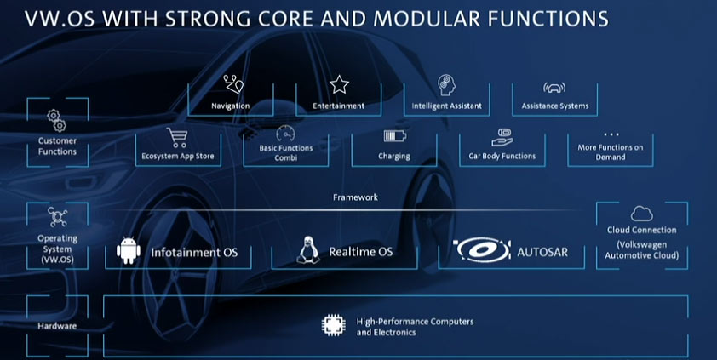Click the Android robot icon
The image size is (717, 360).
(128, 252)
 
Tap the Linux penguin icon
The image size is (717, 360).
(308, 250)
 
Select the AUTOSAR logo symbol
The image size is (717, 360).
(481, 251)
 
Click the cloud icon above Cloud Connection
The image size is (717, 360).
(641, 214)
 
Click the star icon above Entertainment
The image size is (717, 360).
(339, 84)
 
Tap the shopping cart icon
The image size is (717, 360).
(177, 137)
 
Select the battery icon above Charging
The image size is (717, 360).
(394, 136)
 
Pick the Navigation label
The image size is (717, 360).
(230, 106)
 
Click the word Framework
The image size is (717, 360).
(355, 197)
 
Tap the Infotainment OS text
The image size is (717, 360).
(194, 253)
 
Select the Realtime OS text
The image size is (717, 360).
(361, 253)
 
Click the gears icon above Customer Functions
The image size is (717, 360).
(56, 119)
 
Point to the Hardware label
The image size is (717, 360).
(56, 326)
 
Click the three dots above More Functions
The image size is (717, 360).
(611, 134)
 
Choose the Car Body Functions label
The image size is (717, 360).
(502, 156)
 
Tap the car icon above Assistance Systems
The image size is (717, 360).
(554, 87)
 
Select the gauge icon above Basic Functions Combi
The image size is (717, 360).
(285, 134)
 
